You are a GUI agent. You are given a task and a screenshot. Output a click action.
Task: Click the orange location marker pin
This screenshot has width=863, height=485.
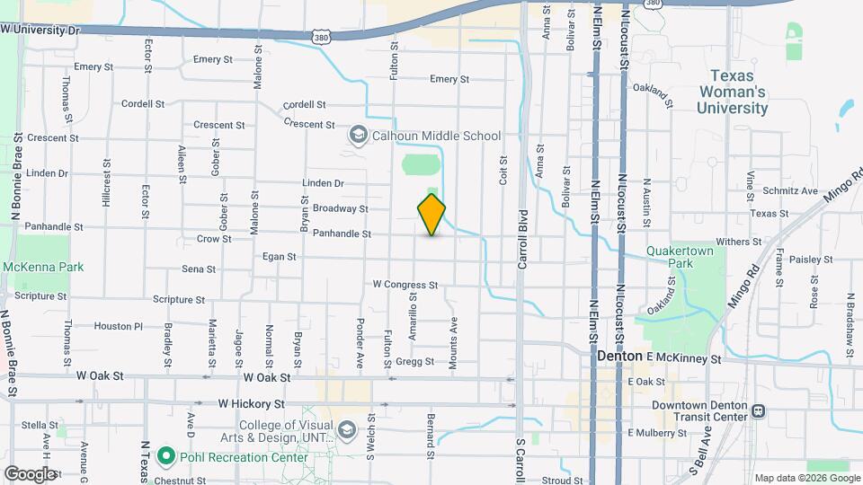(431, 215)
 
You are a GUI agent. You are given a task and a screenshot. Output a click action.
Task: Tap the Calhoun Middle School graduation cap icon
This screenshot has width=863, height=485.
(358, 136)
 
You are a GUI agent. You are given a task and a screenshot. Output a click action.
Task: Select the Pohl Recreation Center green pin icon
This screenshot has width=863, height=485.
(165, 456)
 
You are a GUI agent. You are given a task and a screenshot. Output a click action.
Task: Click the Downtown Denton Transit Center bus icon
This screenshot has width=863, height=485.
(759, 411)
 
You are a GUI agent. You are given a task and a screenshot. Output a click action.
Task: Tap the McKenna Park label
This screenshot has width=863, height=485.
(43, 267)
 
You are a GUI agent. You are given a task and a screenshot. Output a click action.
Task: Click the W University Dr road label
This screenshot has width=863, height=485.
(40, 30)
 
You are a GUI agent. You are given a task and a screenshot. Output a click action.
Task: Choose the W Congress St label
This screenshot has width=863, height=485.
(405, 285)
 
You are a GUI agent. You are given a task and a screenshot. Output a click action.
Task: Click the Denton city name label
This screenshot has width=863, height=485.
(619, 357)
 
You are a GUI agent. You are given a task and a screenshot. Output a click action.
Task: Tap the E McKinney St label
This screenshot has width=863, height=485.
(684, 357)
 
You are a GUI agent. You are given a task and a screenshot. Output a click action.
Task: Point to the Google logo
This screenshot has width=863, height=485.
(29, 473)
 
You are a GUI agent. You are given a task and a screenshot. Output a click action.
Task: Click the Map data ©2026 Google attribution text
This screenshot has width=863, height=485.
(805, 478)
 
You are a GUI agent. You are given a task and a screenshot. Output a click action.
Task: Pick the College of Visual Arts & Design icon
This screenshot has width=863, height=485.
(346, 432)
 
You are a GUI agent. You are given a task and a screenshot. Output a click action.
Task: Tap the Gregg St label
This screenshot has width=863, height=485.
(415, 362)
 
